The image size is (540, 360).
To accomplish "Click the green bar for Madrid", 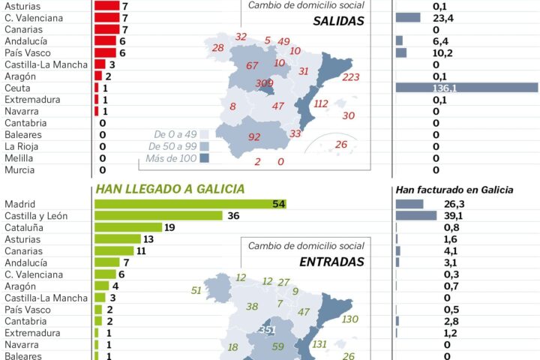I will click(x=190, y=204).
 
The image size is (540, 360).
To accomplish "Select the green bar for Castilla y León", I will click(x=158, y=216).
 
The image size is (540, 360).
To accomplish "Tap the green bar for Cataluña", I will click(x=128, y=227).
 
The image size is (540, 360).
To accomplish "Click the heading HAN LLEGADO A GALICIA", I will click(x=170, y=189).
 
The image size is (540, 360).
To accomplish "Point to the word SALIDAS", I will click(x=338, y=21).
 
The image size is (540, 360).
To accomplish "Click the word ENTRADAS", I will click(x=331, y=262).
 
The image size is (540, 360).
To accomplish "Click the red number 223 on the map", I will click(x=350, y=77).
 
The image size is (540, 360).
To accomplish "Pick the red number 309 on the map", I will click(x=264, y=83).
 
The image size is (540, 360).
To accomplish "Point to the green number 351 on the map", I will click(x=266, y=329).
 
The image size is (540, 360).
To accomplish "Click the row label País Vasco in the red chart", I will click(x=29, y=52).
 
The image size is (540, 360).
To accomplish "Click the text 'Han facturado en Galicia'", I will click(x=454, y=190).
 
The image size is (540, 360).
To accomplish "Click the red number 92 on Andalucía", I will click(x=254, y=137).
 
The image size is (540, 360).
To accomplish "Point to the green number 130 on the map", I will click(x=349, y=319).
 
